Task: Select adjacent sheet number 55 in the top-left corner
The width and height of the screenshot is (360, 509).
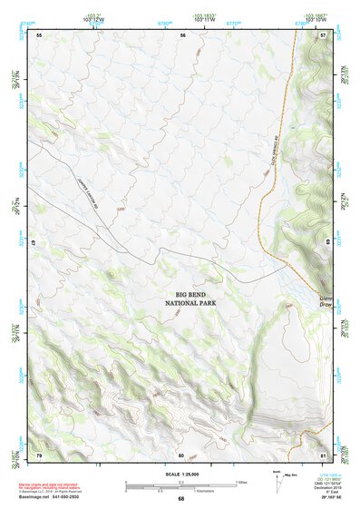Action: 40,34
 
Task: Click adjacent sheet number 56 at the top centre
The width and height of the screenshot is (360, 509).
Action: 182,34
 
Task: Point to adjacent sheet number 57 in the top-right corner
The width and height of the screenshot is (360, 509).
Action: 324,34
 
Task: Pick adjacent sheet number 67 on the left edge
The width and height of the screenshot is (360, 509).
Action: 34,244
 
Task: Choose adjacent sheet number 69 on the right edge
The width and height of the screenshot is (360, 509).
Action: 326,243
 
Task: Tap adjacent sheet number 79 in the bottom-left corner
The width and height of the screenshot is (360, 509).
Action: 39,454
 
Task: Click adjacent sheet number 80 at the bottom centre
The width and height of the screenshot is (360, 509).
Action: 181,454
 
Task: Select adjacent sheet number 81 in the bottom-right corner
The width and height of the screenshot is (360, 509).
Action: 324,454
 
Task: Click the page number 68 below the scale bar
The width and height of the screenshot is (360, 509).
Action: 180,499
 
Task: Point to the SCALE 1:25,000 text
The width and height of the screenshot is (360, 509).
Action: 180,475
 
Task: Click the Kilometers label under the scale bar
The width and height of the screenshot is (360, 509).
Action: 181,491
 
